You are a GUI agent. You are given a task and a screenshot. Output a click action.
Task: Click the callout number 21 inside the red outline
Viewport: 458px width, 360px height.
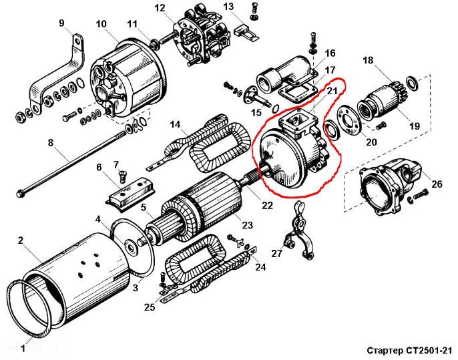coord(332,91)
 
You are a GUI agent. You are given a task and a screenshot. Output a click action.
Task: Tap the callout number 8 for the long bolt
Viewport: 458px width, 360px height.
coord(51,143)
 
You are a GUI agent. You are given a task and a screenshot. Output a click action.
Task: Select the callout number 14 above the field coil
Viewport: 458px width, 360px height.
coord(175,125)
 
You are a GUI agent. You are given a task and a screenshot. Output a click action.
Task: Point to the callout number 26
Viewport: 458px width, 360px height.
coord(437,184)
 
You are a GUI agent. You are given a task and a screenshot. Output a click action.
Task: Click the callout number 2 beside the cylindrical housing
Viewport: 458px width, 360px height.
coord(20,240)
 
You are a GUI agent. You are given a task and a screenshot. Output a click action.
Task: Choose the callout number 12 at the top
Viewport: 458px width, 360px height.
coord(160,8)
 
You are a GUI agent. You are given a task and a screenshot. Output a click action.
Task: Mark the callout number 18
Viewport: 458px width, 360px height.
coord(368,60)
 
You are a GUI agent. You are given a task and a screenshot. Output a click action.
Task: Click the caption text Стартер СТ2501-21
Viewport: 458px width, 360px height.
coord(409,351)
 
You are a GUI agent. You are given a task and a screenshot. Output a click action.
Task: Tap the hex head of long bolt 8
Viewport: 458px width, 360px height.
coord(21,193)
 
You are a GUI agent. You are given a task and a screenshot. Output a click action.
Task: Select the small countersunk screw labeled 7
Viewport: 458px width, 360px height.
coord(123,177)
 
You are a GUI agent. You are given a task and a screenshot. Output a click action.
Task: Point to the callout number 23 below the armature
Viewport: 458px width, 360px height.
coord(247,225)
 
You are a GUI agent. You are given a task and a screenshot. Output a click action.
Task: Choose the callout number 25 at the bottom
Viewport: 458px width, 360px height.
coord(150,307)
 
